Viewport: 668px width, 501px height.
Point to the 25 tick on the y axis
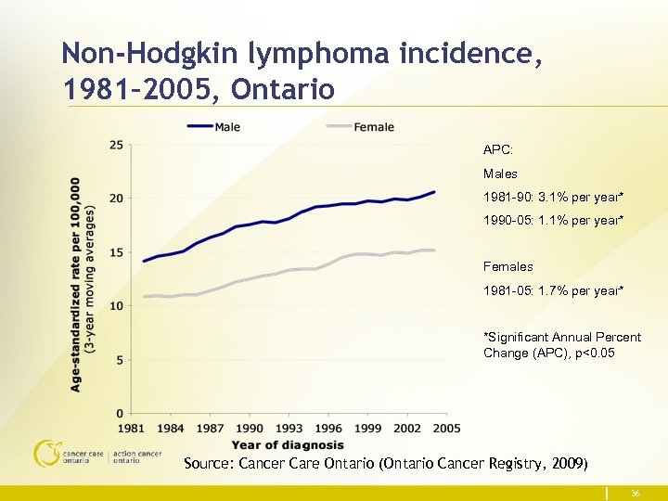[x=116, y=145]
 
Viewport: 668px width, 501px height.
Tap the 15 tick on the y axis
[x=116, y=252]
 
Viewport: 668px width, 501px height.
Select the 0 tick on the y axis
[x=120, y=413]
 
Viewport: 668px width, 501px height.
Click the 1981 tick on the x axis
[x=131, y=429]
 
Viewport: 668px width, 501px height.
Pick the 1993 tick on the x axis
[x=289, y=429]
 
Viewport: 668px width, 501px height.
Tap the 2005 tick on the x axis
[x=446, y=429]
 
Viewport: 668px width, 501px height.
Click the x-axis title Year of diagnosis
[x=288, y=444]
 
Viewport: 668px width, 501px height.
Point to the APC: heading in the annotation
[x=498, y=149]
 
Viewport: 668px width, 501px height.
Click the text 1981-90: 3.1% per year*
[x=553, y=198]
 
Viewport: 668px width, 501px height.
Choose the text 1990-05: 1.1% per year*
[x=553, y=222]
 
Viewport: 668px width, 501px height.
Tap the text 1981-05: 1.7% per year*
[x=553, y=291]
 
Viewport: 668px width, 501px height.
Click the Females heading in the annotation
[x=507, y=267]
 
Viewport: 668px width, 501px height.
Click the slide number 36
[x=636, y=494]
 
